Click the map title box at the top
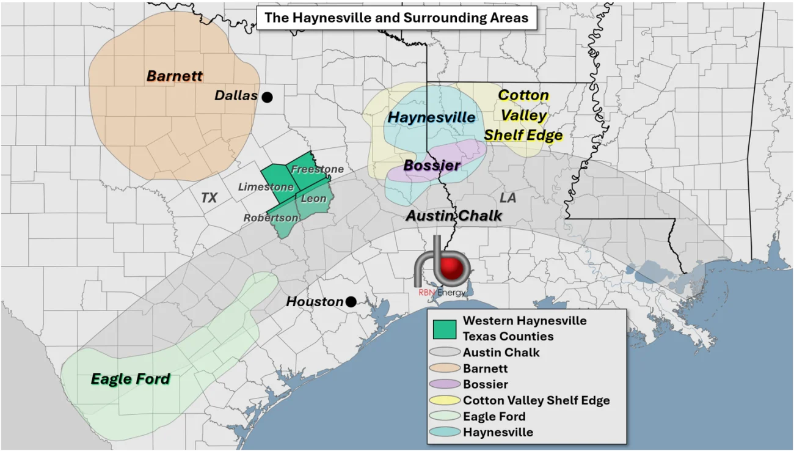pyautogui.click(x=396, y=18)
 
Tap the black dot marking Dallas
pyautogui.click(x=267, y=97)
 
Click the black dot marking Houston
pyautogui.click(x=351, y=301)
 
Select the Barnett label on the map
pyautogui.click(x=175, y=76)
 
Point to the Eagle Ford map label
pyautogui.click(x=130, y=379)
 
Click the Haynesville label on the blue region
pyautogui.click(x=432, y=117)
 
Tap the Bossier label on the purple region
pyautogui.click(x=432, y=166)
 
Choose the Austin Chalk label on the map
pyautogui.click(x=454, y=216)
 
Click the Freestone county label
pyautogui.click(x=316, y=169)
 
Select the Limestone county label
pyautogui.click(x=266, y=186)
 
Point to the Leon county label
pyautogui.click(x=314, y=199)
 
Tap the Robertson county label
pyautogui.click(x=271, y=218)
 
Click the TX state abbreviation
pyautogui.click(x=209, y=197)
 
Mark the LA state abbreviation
pyautogui.click(x=508, y=198)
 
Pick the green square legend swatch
pyautogui.click(x=445, y=329)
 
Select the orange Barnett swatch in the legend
pyautogui.click(x=445, y=369)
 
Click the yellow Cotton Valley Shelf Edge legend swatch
pyautogui.click(x=445, y=400)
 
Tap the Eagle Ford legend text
pyautogui.click(x=494, y=416)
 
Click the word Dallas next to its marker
pyautogui.click(x=236, y=96)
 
